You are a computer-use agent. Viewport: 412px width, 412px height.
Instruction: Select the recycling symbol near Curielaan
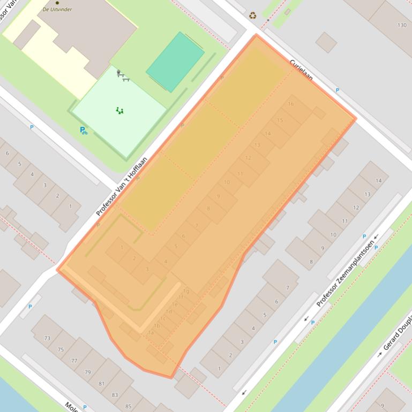coord(253,16)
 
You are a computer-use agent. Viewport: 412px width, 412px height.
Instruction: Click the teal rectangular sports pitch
coord(175,62)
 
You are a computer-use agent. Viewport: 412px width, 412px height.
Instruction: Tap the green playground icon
coord(120,111)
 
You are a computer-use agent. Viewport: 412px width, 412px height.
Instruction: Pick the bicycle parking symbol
coord(84,130)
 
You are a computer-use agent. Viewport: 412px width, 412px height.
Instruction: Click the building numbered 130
coord(402,25)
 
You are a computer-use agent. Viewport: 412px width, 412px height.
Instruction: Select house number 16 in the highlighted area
coord(291,104)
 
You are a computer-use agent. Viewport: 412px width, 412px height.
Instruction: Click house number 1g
coord(186,292)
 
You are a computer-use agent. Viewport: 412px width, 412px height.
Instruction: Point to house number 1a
coord(151,332)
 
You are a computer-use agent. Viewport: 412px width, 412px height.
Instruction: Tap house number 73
coord(47,338)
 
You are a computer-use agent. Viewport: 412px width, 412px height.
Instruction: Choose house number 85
coord(128,407)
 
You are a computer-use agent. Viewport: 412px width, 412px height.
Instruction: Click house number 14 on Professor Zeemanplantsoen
coord(379,181)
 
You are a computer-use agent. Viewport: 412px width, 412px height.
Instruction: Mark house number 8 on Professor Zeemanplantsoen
coord(311,262)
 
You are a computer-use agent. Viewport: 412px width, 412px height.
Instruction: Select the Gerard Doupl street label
coord(396,335)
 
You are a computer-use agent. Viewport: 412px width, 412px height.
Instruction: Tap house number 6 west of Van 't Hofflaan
coord(7,154)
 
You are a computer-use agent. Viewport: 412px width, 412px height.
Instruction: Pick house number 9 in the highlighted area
coord(219,196)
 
